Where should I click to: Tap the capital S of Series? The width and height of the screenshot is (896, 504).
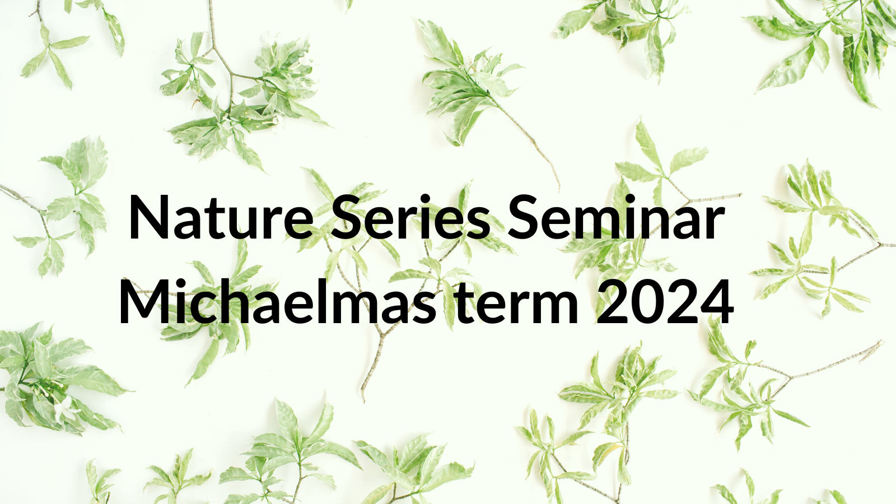[346, 217]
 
